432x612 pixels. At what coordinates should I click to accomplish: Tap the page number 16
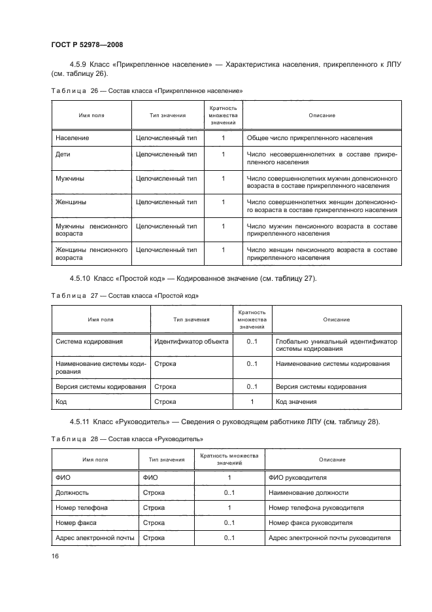point(55,556)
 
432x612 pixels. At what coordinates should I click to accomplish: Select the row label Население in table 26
point(73,138)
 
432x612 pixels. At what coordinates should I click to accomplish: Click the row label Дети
point(63,154)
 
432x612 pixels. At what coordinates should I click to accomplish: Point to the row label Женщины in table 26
point(71,202)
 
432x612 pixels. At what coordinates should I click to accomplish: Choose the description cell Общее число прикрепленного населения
point(309,138)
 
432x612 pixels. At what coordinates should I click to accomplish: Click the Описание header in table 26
point(322,115)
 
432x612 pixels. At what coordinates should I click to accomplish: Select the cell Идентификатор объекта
point(191,341)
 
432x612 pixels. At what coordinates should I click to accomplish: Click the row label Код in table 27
point(61,401)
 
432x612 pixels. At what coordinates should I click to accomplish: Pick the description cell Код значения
point(296,401)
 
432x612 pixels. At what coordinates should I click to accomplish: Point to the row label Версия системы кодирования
point(101,386)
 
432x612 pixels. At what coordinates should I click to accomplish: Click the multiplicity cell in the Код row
point(252,401)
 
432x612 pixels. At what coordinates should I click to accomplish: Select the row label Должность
point(73,493)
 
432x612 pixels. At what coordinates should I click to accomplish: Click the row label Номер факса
point(76,523)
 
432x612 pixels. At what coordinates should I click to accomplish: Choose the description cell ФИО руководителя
point(297,478)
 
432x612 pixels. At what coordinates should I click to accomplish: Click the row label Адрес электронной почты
point(95,538)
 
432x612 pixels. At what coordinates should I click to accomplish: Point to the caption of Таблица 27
point(124,296)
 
